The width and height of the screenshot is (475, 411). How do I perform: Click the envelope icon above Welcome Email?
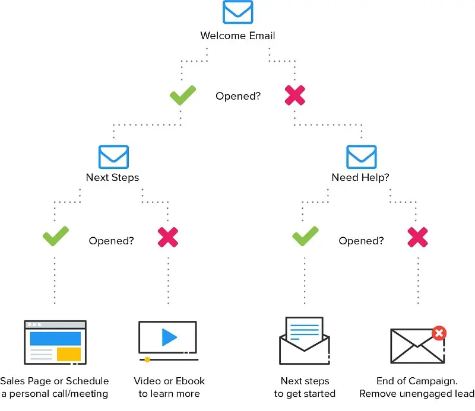pyautogui.click(x=237, y=12)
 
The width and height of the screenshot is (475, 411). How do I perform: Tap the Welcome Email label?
pyautogui.click(x=237, y=36)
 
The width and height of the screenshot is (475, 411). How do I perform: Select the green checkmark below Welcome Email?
pyautogui.click(x=183, y=95)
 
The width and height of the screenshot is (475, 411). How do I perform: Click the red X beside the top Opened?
pyautogui.click(x=295, y=95)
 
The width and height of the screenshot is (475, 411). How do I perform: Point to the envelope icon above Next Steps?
pyautogui.click(x=113, y=157)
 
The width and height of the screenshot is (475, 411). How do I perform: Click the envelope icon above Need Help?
pyautogui.click(x=362, y=157)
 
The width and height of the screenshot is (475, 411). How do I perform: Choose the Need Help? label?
pyautogui.click(x=361, y=177)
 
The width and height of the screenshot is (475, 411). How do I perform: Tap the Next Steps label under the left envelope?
pyautogui.click(x=112, y=177)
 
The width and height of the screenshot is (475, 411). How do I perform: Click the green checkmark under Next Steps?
pyautogui.click(x=56, y=238)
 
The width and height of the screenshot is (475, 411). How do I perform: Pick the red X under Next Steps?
pyautogui.click(x=168, y=238)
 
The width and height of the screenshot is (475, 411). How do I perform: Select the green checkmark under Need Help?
pyautogui.click(x=306, y=238)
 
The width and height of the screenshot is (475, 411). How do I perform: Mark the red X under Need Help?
pyautogui.click(x=418, y=238)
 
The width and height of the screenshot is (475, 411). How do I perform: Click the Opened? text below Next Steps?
pyautogui.click(x=111, y=241)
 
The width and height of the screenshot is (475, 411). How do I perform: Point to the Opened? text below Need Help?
pyautogui.click(x=361, y=241)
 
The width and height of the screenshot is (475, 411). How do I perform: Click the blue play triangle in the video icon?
pyautogui.click(x=169, y=337)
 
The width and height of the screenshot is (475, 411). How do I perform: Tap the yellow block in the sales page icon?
pyautogui.click(x=69, y=354)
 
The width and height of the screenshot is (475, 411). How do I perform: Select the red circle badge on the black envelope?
pyautogui.click(x=439, y=333)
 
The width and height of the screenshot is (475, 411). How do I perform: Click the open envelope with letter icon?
pyautogui.click(x=305, y=340)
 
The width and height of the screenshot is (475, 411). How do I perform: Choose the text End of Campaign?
pyautogui.click(x=417, y=381)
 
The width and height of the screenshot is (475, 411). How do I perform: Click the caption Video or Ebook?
pyautogui.click(x=169, y=381)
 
